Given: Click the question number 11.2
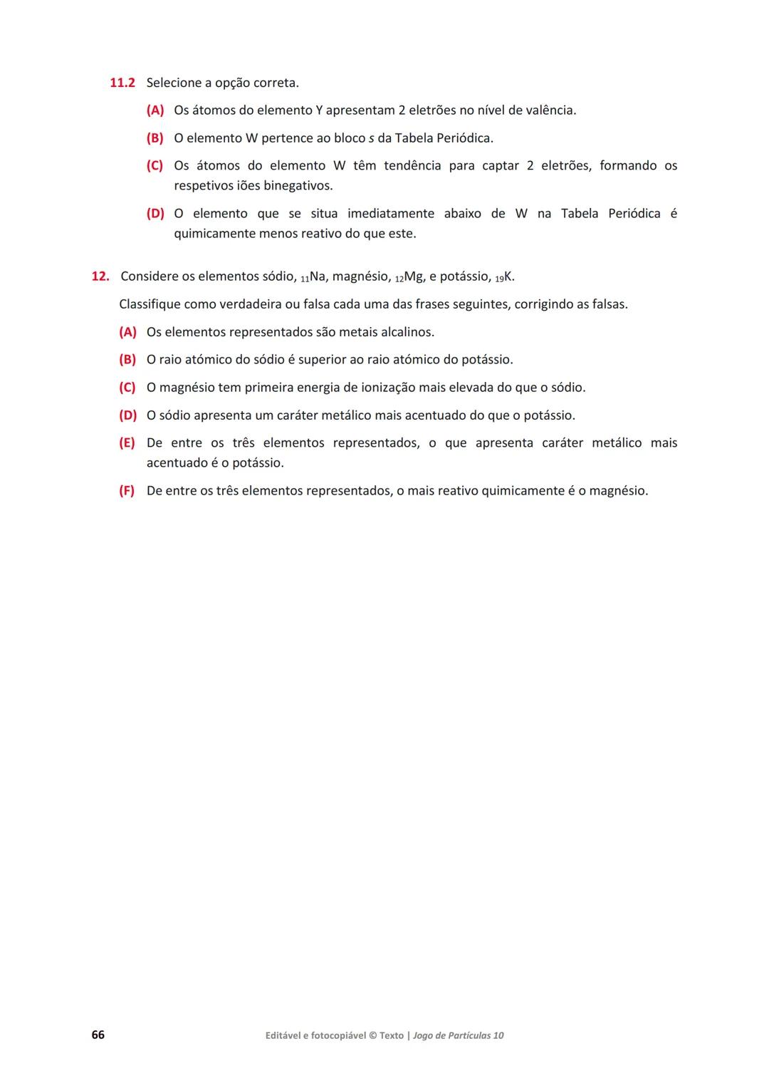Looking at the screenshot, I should click(x=122, y=83).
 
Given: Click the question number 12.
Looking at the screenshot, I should click(x=100, y=276).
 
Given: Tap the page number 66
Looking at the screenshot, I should click(x=98, y=1035).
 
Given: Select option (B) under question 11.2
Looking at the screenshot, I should click(x=155, y=138).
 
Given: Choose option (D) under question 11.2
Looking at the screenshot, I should click(x=155, y=214).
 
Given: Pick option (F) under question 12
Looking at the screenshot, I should click(x=127, y=491).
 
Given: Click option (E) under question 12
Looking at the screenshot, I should click(x=127, y=443).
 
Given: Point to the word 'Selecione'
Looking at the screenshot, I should click(x=174, y=83).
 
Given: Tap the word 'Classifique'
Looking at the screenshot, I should click(x=150, y=304).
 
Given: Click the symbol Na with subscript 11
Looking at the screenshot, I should click(x=313, y=276).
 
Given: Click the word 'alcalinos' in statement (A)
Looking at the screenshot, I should click(x=407, y=332).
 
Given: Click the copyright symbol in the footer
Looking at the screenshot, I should click(x=372, y=1035).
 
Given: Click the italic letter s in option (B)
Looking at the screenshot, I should click(x=371, y=138).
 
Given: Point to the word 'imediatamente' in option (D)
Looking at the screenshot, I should click(x=391, y=214).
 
